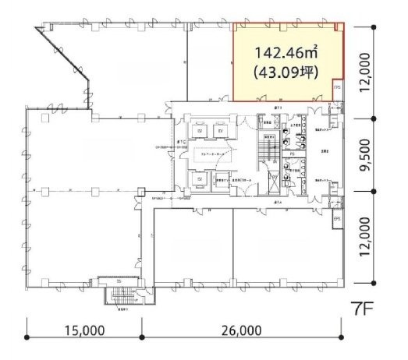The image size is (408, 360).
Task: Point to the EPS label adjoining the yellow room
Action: pyautogui.click(x=338, y=88)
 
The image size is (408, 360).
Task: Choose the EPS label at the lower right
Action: pyautogui.click(x=337, y=220)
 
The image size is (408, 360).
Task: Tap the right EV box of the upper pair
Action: pyautogui.click(x=221, y=132)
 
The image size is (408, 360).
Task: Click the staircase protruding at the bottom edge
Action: pyautogui.click(x=120, y=297)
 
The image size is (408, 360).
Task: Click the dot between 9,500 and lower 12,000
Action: pyautogui.click(x=375, y=191)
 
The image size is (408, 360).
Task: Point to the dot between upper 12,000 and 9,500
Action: pyautogui.click(x=375, y=118)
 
